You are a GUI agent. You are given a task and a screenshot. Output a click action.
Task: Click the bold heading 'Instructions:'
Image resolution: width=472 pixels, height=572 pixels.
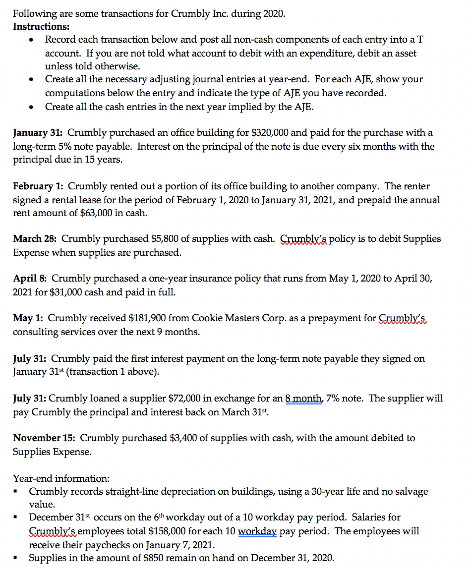pyautogui.click(x=41, y=26)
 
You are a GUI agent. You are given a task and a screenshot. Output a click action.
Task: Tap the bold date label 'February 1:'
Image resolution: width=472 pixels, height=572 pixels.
pyautogui.click(x=38, y=186)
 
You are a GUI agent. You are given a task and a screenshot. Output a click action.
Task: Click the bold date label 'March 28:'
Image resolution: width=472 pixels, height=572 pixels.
pyautogui.click(x=35, y=239)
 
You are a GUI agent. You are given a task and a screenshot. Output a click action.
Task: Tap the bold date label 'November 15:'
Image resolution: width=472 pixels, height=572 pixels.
pyautogui.click(x=44, y=438)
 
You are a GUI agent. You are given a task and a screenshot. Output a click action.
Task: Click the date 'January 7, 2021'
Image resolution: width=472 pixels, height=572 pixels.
pyautogui.click(x=181, y=545)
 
